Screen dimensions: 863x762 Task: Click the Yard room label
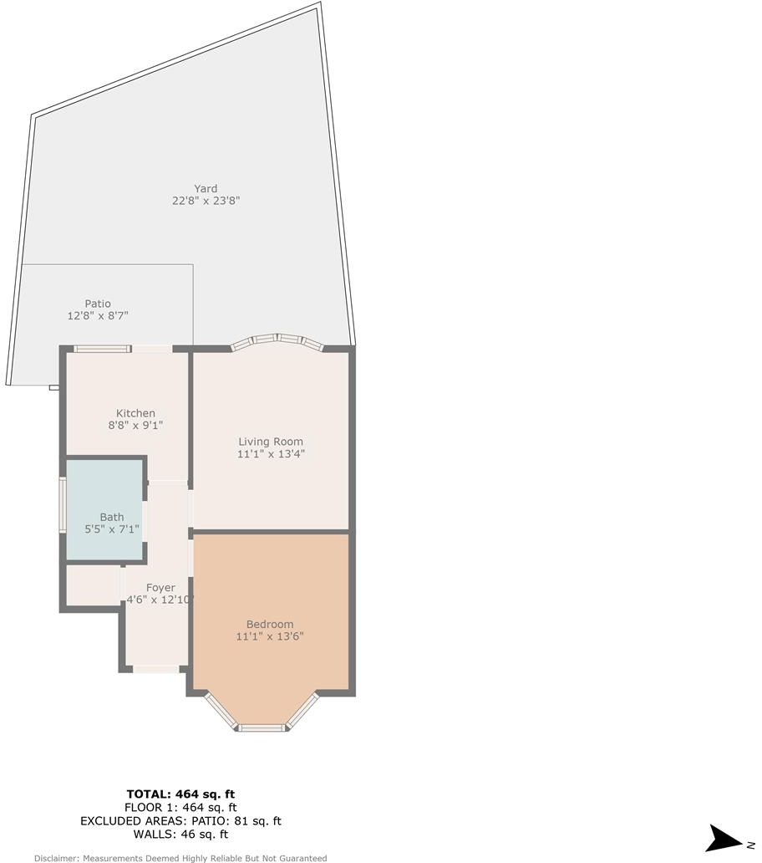(206, 188)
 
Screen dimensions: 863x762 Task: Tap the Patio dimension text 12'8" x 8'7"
(98, 316)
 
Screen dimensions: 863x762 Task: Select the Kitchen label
(135, 413)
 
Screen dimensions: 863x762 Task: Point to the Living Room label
(271, 442)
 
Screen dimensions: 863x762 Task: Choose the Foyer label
(160, 588)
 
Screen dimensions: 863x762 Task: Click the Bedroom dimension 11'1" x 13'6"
(270, 636)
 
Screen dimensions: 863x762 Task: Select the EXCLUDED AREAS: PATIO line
(180, 821)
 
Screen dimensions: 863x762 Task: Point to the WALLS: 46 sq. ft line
(180, 835)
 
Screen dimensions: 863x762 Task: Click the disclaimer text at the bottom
(180, 858)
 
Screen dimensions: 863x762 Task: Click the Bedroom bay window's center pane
(263, 728)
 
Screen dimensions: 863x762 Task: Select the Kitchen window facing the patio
(102, 348)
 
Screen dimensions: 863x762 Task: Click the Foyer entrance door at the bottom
(156, 669)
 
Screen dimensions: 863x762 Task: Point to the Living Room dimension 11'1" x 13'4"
(271, 454)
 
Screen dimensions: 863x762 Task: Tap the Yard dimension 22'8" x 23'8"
(206, 201)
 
